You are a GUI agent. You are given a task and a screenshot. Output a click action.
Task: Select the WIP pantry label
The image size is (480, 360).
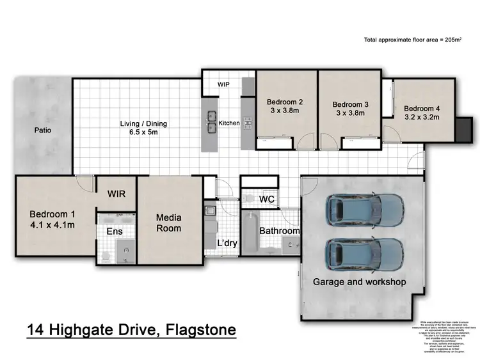click(x=223, y=84)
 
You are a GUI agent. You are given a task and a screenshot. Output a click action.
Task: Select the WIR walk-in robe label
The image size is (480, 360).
click(x=116, y=193)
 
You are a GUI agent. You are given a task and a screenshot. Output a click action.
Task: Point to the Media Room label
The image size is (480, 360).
click(x=169, y=223)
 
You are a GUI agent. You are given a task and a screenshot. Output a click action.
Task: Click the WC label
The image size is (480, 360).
click(x=267, y=200)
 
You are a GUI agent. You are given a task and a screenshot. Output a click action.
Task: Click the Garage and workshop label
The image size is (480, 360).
click(x=359, y=281)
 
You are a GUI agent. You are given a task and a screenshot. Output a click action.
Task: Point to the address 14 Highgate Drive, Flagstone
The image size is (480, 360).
click(x=131, y=331)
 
